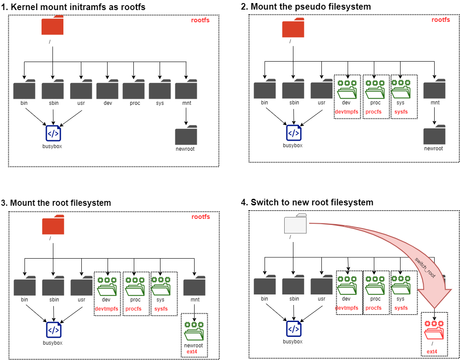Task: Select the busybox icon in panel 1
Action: click(x=53, y=132)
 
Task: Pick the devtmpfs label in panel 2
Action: click(x=346, y=111)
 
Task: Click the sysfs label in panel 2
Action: click(x=401, y=111)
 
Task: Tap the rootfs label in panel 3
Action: click(x=201, y=217)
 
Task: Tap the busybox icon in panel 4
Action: click(x=294, y=329)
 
